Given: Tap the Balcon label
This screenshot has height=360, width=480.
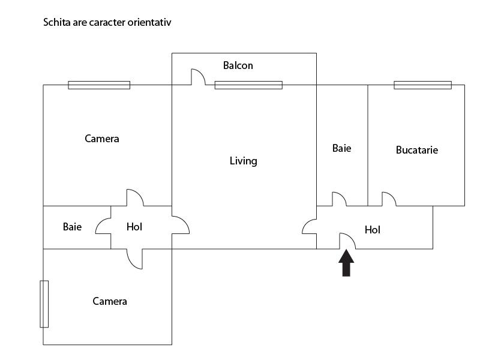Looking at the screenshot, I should click(x=238, y=65).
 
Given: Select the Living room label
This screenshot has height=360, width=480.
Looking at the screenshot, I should click(x=244, y=161).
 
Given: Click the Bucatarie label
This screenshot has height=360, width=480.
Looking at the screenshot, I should click(x=417, y=150).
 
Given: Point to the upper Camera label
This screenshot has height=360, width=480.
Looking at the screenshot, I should click(x=102, y=139).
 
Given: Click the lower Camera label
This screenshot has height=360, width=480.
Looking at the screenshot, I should click(x=110, y=301).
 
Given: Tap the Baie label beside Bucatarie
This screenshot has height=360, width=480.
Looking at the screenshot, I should click(x=342, y=148).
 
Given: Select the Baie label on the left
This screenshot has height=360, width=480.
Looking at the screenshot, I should click(x=72, y=227).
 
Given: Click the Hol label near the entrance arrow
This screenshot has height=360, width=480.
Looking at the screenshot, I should click(x=373, y=230).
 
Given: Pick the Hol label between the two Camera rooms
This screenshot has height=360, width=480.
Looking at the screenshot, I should click(x=134, y=227).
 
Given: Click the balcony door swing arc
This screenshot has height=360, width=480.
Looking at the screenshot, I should click(x=198, y=76).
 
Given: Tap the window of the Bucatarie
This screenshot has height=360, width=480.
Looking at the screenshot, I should click(x=422, y=85).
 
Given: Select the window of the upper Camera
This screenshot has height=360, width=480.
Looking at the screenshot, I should click(x=99, y=85).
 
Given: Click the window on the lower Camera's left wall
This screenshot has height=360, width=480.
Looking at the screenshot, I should click(x=44, y=304).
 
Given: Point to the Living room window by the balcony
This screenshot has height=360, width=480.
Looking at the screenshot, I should click(x=248, y=85).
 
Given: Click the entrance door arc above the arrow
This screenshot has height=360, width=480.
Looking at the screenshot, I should click(x=348, y=241).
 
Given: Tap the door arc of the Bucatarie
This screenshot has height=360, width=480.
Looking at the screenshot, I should click(x=388, y=199).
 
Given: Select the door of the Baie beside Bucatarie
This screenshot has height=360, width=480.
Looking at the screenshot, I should click(x=339, y=199).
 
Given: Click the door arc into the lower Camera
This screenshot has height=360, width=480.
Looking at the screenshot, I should click(x=135, y=259).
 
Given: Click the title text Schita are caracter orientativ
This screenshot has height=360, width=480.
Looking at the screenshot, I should click(x=108, y=23).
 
